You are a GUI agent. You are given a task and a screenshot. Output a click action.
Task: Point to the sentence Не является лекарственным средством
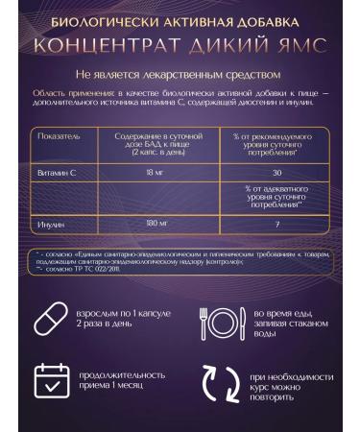(x=180, y=73)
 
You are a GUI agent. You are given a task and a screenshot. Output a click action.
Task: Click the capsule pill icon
(x=50, y=319)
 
